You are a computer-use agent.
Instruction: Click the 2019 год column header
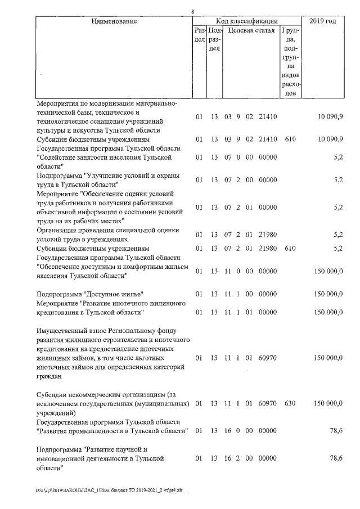pos(323,21)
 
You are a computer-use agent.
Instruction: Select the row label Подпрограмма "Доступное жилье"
pos(89,294)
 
